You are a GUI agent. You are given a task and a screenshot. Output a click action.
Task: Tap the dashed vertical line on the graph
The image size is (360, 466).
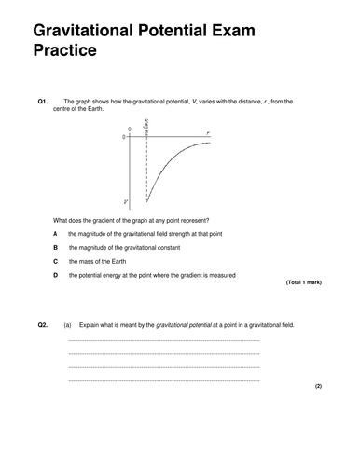pyautogui.click(x=146, y=172)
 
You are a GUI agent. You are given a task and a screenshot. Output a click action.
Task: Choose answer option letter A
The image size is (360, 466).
pyautogui.click(x=56, y=232)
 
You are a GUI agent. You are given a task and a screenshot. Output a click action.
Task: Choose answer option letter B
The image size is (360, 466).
pyautogui.click(x=56, y=247)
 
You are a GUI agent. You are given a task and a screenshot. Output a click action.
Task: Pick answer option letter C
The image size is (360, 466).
pyautogui.click(x=56, y=261)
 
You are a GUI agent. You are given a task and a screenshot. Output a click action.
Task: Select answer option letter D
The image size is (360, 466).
pyautogui.click(x=56, y=275)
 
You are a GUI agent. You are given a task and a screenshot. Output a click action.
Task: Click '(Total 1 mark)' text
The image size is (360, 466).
pyautogui.click(x=302, y=281)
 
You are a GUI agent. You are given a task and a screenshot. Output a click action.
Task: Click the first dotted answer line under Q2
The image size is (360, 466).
pyautogui.click(x=163, y=341)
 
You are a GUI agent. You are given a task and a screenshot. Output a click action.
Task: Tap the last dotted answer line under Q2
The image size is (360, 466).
pyautogui.click(x=163, y=380)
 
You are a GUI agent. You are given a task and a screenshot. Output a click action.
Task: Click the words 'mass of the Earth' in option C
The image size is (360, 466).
pyautogui.click(x=99, y=261)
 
